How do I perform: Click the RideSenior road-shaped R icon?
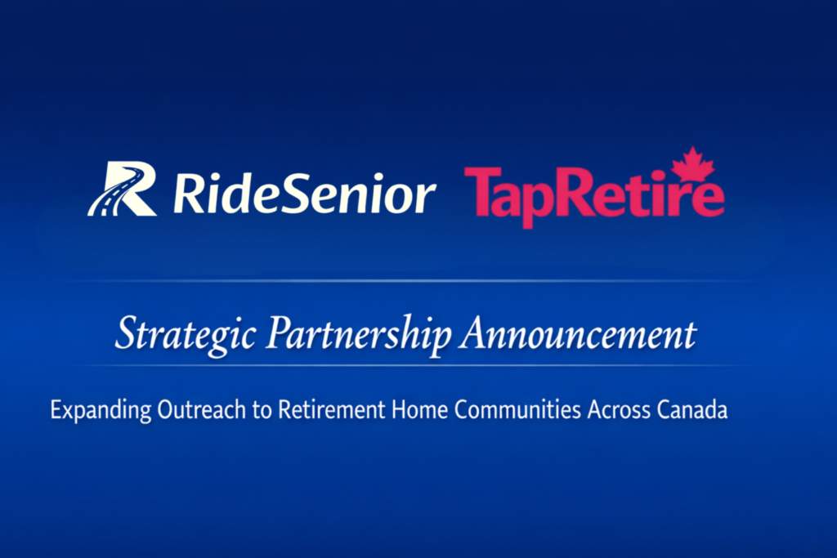click(x=123, y=189)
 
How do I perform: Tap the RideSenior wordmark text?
click(x=305, y=193)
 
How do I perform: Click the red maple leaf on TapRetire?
click(x=693, y=163)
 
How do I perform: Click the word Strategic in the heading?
click(x=186, y=335)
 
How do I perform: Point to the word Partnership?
click(x=360, y=335)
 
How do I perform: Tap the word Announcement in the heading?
click(x=580, y=334)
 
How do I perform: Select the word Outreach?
click(x=202, y=409)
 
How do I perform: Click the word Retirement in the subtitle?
click(x=332, y=409)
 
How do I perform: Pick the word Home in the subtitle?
click(x=419, y=409)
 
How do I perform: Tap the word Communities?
click(x=517, y=409)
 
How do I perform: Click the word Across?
click(x=620, y=409)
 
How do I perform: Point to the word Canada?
click(x=692, y=409)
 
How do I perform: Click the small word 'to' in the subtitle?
click(x=262, y=410)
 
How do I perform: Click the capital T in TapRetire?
click(x=482, y=190)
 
